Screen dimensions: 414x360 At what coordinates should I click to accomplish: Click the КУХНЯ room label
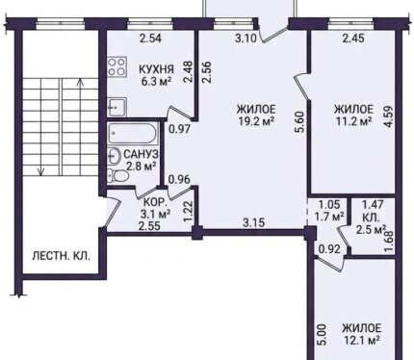tap(156, 69)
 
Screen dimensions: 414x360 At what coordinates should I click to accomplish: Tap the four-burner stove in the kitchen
tap(116, 67)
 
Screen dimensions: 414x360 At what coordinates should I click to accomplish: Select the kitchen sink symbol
tap(116, 107)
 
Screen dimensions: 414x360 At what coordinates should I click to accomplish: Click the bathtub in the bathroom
tap(133, 133)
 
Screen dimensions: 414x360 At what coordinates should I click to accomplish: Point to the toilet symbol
tap(118, 175)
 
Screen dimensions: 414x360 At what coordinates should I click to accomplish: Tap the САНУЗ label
tap(141, 154)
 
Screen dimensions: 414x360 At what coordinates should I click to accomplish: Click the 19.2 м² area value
tap(256, 121)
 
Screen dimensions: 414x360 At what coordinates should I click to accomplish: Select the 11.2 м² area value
tap(354, 121)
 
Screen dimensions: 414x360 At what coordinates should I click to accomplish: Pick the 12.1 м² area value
tap(361, 340)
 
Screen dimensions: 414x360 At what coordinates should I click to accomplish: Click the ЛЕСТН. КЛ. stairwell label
tap(62, 257)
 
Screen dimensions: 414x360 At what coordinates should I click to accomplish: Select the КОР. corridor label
tap(155, 202)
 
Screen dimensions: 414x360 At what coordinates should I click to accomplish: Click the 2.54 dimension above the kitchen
tap(150, 39)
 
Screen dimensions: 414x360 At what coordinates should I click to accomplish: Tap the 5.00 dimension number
tap(322, 335)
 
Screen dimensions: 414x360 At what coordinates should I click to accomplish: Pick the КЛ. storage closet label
tap(371, 218)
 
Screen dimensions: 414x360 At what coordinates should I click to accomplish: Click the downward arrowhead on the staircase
tap(40, 172)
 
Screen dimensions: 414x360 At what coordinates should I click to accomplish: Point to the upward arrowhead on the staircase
tap(80, 82)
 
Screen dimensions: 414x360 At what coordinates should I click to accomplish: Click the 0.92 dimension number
tap(329, 249)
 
